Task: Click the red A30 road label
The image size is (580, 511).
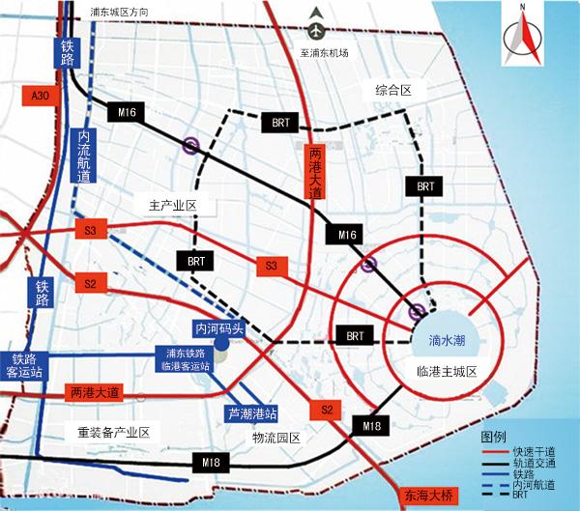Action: (x=40, y=96)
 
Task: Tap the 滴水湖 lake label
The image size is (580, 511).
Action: (x=447, y=340)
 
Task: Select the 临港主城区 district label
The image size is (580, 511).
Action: (x=448, y=372)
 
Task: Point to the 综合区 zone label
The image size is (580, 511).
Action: (x=393, y=90)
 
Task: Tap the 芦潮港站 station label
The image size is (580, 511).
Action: (x=251, y=413)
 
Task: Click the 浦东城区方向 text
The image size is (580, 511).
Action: (x=121, y=13)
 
